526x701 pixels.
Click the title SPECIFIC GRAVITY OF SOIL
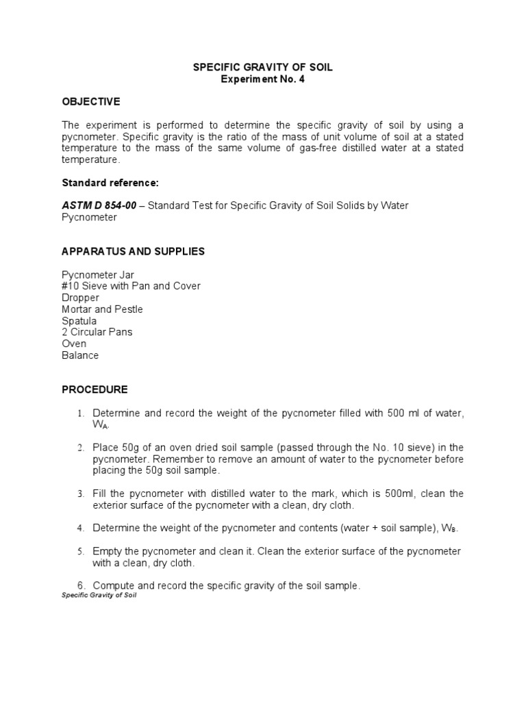(262, 68)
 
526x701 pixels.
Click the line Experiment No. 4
(262, 79)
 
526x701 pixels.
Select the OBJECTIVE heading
(90, 102)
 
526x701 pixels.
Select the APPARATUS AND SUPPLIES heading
(133, 251)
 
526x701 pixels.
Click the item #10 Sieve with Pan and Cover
(131, 286)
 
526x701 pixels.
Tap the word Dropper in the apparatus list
(80, 298)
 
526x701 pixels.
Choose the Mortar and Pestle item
(102, 309)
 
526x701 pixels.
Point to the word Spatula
(79, 321)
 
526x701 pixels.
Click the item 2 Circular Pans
(97, 332)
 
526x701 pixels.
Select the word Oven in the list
(74, 344)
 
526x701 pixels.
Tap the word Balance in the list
(80, 355)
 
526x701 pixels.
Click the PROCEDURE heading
(95, 390)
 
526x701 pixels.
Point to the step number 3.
(80, 494)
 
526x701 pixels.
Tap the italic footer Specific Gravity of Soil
(99, 596)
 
